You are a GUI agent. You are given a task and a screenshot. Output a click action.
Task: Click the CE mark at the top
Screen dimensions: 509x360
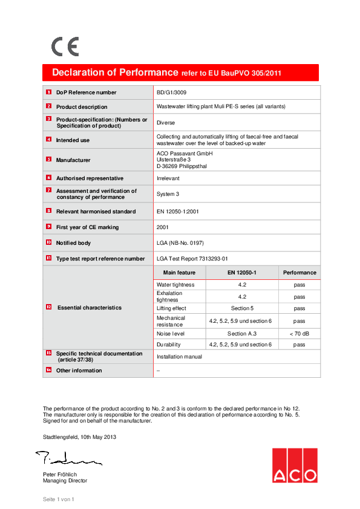65,47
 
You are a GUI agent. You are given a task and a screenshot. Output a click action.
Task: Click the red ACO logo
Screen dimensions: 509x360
294,465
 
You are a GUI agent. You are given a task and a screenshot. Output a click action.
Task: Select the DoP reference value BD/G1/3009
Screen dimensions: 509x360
171,92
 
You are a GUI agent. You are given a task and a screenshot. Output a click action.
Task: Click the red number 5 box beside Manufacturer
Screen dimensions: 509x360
48,160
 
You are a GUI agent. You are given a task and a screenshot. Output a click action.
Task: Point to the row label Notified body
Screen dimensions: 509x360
73,243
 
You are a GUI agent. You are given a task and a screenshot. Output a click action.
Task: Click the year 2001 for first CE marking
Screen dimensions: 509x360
163,227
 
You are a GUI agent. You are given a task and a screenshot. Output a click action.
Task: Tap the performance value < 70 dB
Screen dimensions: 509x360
299,334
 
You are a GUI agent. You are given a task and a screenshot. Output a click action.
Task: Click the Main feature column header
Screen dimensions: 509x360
179,273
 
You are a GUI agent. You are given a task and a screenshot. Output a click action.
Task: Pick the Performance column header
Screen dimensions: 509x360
299,273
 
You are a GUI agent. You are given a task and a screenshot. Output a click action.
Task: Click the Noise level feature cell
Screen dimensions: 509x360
171,334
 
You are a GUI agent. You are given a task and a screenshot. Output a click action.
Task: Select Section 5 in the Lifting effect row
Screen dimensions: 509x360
242,308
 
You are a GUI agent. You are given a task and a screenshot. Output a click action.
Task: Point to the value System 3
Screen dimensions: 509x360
168,194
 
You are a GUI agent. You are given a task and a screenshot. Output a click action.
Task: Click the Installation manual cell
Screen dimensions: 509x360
179,357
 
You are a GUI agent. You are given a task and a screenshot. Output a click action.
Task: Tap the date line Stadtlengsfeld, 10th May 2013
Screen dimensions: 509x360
79,436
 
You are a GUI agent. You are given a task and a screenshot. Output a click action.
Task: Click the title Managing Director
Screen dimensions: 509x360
65,481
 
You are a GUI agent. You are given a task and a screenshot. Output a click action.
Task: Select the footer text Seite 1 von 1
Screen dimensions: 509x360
58,499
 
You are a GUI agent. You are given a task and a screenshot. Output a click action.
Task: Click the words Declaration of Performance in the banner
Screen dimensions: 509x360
115,73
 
